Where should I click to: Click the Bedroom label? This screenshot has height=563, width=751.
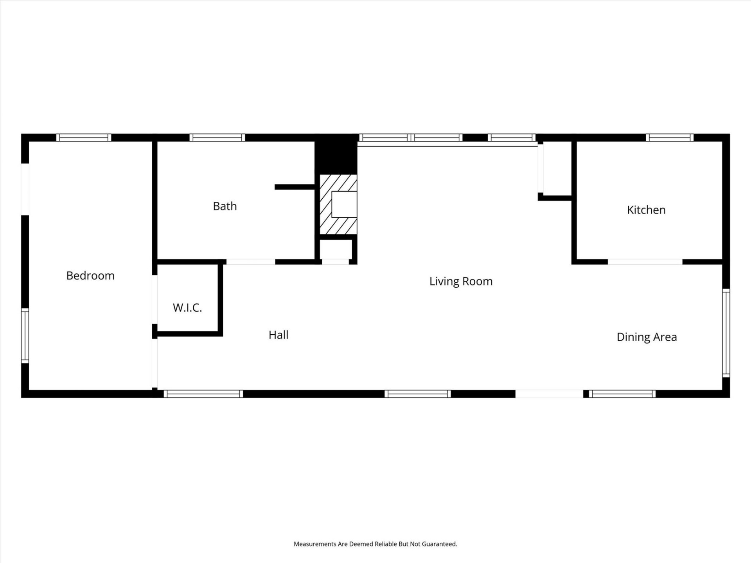90,276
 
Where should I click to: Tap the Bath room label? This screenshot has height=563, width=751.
225,206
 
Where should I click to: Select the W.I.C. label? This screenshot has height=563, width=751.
187,308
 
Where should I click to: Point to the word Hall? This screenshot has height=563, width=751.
278,335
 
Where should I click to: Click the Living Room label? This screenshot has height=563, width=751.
461,281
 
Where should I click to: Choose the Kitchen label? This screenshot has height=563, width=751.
646,210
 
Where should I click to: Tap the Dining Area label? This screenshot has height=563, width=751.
647,337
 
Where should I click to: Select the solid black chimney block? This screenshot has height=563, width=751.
336,154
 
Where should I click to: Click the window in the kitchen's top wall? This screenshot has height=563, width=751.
669,138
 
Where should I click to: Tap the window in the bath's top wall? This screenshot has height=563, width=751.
217,138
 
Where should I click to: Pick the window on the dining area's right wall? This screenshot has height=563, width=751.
726,333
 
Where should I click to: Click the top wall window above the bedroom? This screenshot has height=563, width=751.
84,138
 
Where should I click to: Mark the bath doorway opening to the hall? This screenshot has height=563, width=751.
251,262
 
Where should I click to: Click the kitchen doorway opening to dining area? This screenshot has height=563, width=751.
645,262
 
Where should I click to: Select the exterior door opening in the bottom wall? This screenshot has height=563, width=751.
549,394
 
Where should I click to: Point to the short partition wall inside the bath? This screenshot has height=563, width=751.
295,187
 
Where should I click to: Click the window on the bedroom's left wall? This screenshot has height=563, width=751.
25,335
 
